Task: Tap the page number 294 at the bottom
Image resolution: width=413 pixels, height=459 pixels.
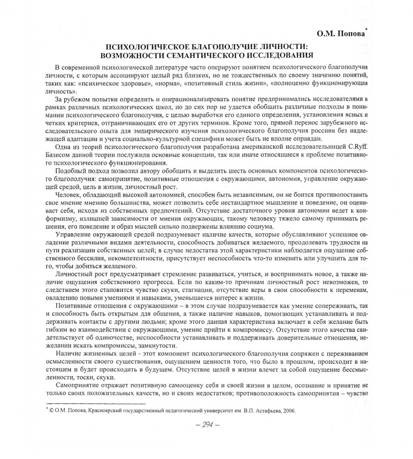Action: (206, 425)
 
